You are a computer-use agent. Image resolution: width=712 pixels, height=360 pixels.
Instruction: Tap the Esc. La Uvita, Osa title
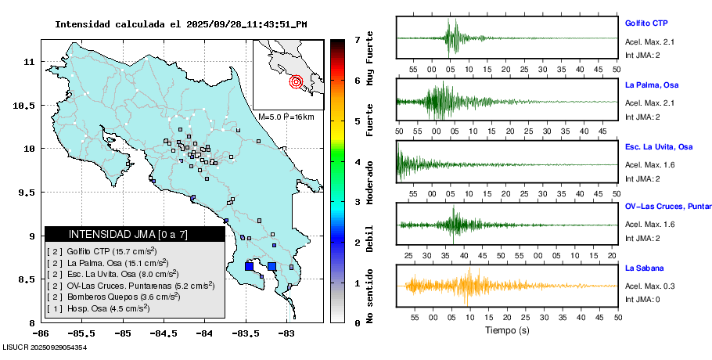[659, 146]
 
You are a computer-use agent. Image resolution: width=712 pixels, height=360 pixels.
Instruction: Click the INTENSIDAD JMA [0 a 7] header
[117, 234]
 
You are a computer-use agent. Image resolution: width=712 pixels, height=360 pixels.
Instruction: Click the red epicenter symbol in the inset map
[295, 81]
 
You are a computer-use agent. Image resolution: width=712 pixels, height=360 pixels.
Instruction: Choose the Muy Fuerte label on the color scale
[369, 59]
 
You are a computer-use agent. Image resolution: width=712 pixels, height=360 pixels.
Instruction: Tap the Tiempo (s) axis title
[506, 330]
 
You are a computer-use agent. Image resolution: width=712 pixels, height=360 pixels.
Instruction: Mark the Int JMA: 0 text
[642, 299]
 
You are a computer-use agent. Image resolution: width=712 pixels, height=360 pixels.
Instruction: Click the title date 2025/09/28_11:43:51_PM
[246, 23]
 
